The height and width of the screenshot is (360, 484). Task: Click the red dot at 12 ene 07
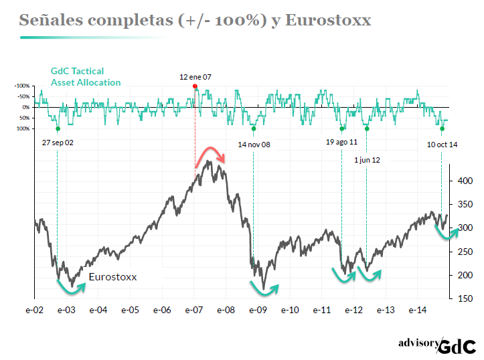[x=195, y=86]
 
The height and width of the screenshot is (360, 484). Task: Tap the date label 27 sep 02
[x=58, y=143]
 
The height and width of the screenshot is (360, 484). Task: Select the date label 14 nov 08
[x=254, y=144]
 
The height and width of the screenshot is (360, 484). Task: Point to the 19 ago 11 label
[x=341, y=143]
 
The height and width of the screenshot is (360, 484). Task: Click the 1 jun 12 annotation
[x=366, y=161]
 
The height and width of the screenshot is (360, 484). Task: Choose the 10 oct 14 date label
[x=442, y=144]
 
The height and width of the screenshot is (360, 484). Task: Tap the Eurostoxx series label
[x=112, y=276]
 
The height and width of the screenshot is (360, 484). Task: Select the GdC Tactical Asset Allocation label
[x=86, y=77]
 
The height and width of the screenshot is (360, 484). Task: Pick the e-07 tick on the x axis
[x=194, y=310]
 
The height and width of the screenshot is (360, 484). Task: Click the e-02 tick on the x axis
[x=35, y=310]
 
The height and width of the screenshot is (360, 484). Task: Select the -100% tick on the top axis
[x=22, y=86]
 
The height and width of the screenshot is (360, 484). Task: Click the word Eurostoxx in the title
[x=328, y=21]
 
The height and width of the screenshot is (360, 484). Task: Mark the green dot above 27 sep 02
[x=58, y=128]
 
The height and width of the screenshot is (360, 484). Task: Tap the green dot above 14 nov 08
[x=254, y=128]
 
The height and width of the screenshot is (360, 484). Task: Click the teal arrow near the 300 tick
[x=447, y=232]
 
